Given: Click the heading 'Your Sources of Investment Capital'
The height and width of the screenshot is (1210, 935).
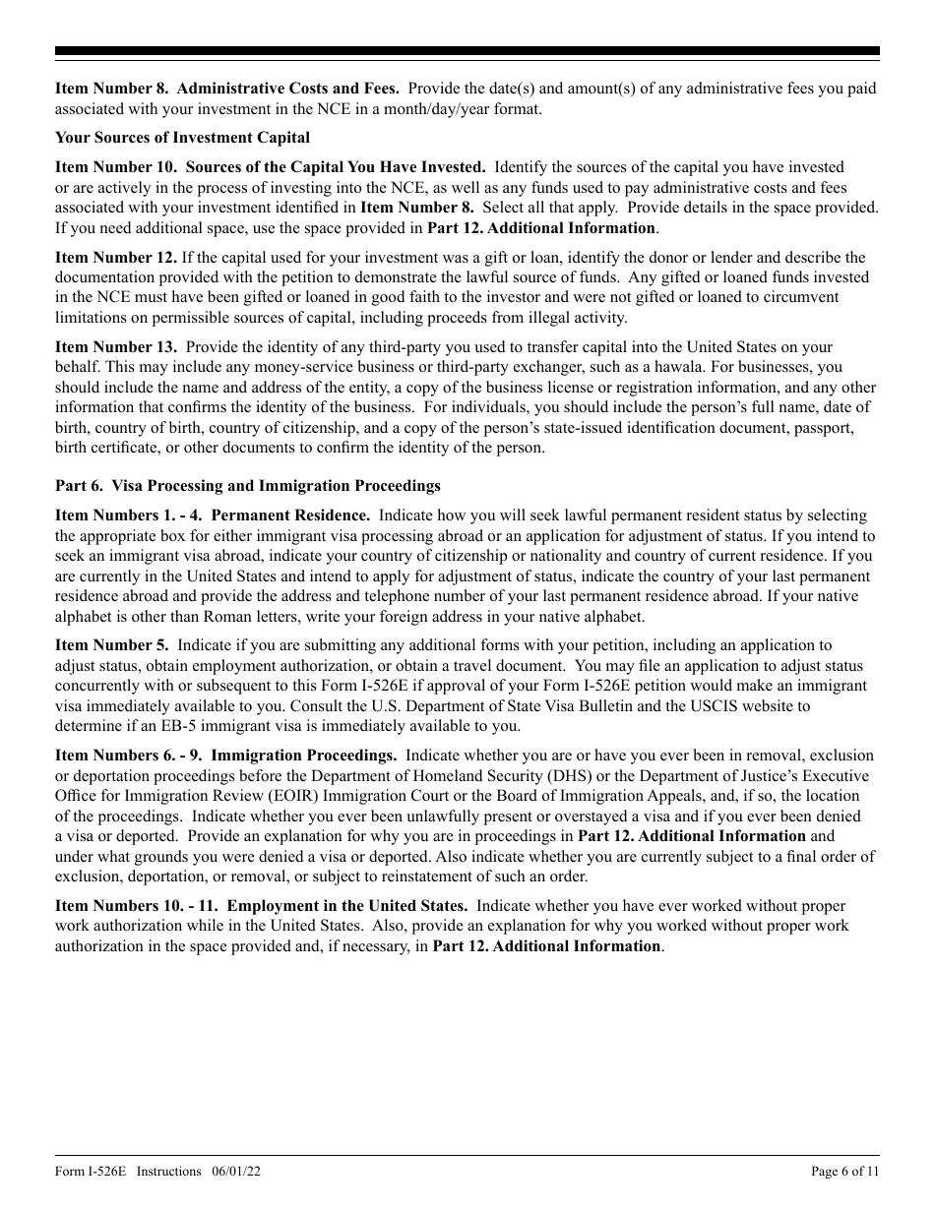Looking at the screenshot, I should point(182,138).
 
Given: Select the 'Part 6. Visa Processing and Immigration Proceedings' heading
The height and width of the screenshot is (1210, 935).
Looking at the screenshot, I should point(248,486).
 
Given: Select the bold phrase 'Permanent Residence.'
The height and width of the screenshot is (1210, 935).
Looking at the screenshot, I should point(290,515).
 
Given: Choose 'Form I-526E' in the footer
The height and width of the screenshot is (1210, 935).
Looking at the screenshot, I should point(92,1171).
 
